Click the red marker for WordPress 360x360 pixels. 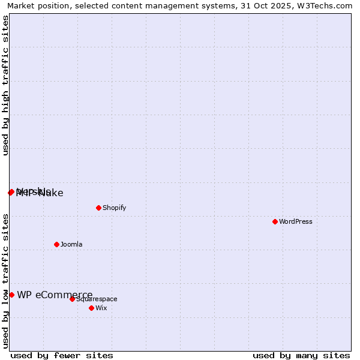[275, 221]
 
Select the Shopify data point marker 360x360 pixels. [98, 208]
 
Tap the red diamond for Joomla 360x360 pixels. [56, 244]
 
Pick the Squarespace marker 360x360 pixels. [72, 299]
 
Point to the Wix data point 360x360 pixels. [91, 308]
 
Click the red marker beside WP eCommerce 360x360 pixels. [11, 295]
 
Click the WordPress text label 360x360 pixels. [296, 221]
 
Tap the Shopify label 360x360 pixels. [114, 208]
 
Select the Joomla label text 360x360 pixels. [71, 244]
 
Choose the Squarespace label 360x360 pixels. [97, 299]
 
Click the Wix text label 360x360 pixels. [101, 308]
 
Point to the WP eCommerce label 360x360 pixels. [55, 295]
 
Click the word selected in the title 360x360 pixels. [89, 5]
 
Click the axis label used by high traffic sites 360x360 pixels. [6, 85]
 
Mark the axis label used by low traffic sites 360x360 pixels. [6, 281]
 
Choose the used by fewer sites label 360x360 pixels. [62, 355]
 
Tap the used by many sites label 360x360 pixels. [301, 355]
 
